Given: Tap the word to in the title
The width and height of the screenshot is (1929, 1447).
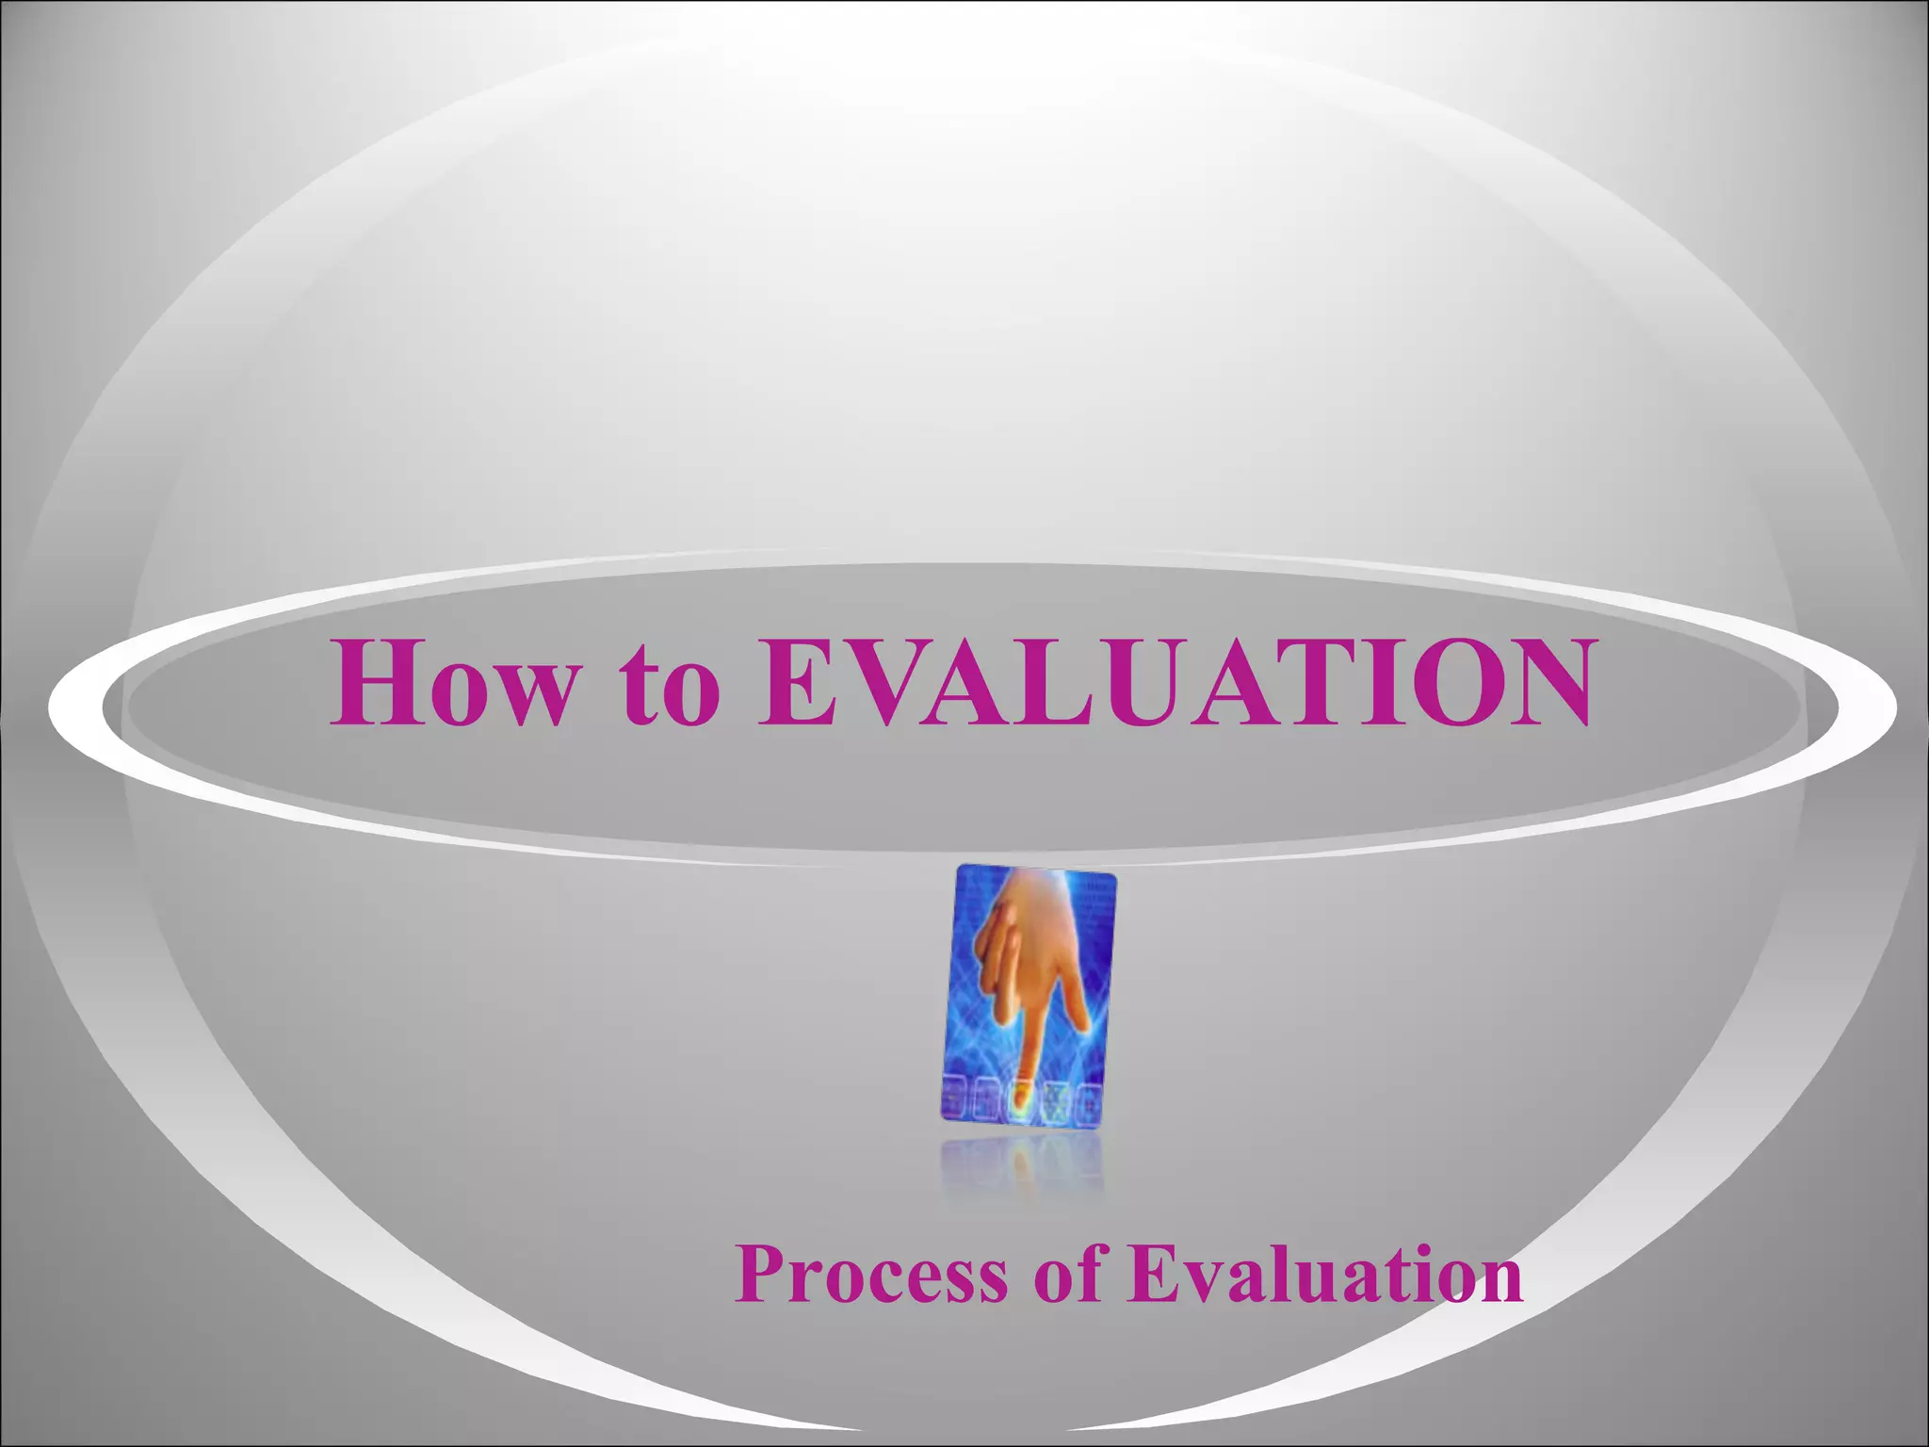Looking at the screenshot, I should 670,684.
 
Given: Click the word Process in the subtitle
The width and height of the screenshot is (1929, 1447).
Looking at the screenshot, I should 871,1274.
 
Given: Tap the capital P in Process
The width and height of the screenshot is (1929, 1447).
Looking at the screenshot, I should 758,1274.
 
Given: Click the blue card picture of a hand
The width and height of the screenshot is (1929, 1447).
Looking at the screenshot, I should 1029,996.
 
